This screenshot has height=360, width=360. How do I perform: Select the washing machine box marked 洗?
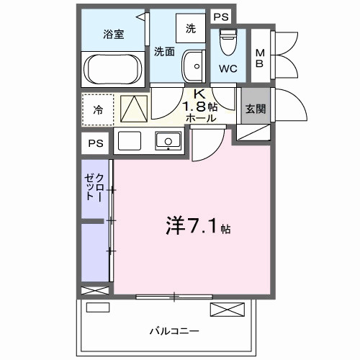[190, 30]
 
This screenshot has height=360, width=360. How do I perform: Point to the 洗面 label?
[165, 51]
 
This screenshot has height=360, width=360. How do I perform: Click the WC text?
[228, 70]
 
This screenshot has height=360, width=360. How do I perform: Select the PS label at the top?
[220, 17]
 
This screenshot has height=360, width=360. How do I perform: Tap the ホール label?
[201, 118]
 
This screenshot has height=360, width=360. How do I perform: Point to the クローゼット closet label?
[94, 186]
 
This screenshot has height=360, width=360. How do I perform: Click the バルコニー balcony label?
[174, 330]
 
